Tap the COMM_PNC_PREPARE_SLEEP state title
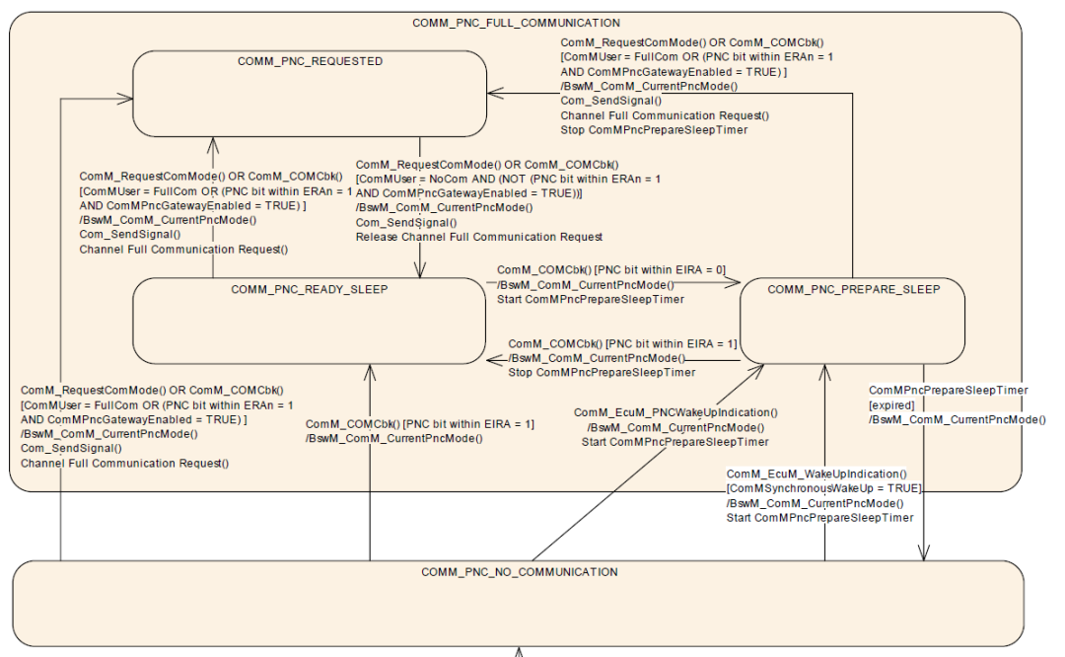point(853,289)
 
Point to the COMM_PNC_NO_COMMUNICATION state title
point(519,572)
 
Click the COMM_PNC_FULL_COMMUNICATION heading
point(517,22)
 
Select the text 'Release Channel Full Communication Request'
point(478,237)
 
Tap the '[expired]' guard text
point(891,405)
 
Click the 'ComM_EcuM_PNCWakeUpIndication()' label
point(675,412)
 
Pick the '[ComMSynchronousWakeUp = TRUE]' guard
point(823,489)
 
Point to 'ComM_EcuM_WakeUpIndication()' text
point(816,474)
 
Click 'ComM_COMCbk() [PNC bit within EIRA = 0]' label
point(611,269)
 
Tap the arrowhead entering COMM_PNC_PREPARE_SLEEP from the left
point(734,283)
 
